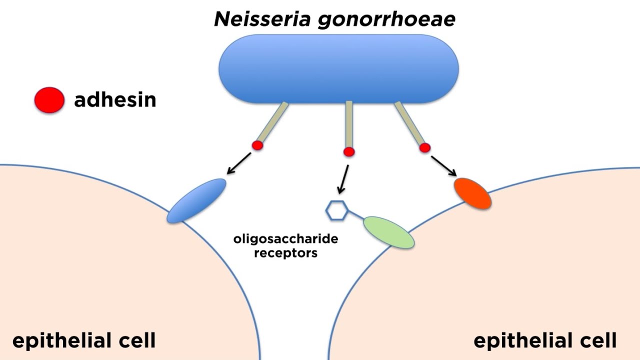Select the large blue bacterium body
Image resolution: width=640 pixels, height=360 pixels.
[338, 68]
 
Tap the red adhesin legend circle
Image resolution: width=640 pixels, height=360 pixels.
[49, 100]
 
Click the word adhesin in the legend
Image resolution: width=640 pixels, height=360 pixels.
[115, 100]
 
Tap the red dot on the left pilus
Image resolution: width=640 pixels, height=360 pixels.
[257, 145]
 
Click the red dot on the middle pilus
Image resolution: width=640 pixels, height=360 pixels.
[349, 151]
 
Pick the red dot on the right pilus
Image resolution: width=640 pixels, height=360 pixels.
[424, 147]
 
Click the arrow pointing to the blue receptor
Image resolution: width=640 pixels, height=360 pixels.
[238, 164]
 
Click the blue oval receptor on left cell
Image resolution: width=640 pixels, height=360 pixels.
[196, 200]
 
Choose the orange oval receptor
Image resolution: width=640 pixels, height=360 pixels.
[472, 193]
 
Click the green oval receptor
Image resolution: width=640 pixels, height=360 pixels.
[388, 232]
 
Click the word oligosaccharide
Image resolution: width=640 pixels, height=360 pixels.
[285, 239]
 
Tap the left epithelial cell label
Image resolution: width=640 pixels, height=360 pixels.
[84, 341]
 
